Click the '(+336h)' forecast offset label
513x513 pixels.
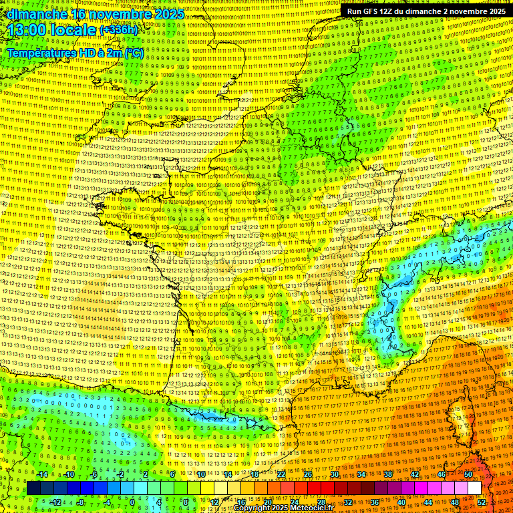[x=118, y=29]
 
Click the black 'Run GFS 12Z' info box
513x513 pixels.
[x=426, y=11]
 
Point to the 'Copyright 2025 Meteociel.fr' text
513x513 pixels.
[x=283, y=508]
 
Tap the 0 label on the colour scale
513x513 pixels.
[x=132, y=502]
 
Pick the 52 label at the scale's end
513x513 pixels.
[x=482, y=502]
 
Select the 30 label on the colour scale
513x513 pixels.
[x=334, y=474]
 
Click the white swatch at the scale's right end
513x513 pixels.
[x=475, y=488]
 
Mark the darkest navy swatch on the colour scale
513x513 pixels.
[x=33, y=488]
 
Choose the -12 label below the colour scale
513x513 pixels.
[x=55, y=502]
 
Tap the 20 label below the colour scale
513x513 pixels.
[x=268, y=502]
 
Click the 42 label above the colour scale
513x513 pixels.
[x=415, y=474]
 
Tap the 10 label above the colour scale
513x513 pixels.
[x=200, y=474]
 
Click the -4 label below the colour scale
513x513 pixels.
[x=107, y=502]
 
